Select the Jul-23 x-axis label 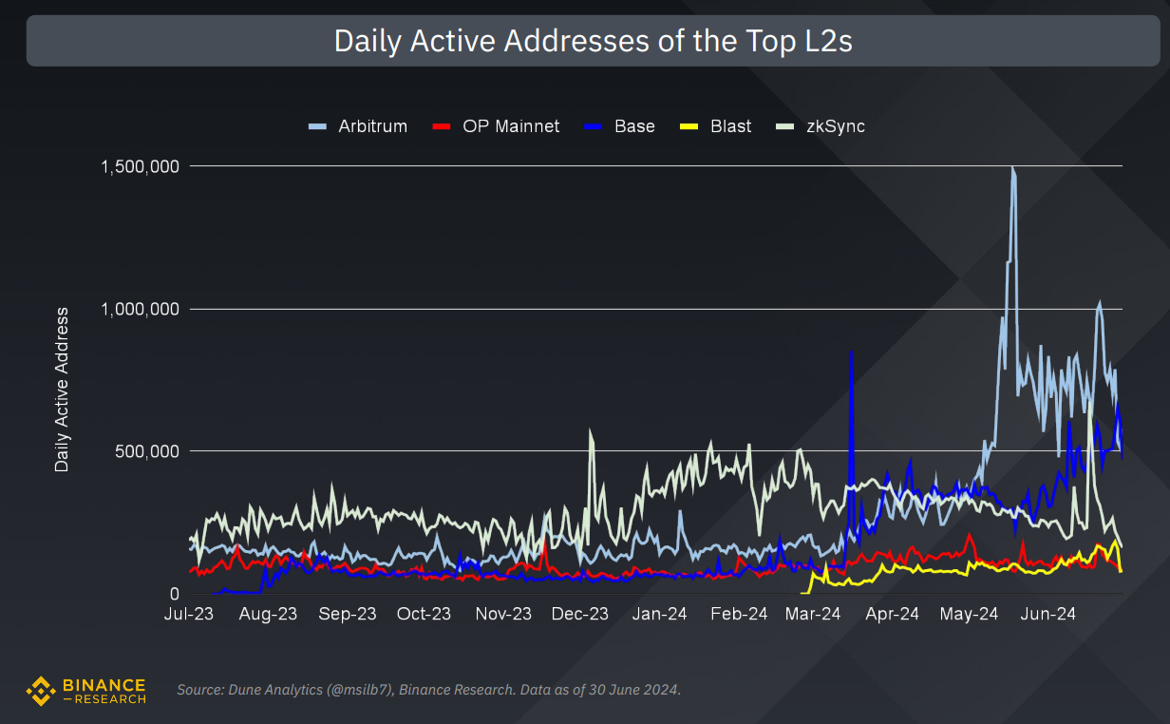click(x=190, y=615)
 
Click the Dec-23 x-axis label click(x=580, y=615)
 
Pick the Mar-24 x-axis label click(x=814, y=615)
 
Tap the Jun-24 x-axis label click(x=1047, y=615)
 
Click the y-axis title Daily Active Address click(x=63, y=390)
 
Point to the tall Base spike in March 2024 click(x=851, y=353)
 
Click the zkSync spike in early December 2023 click(x=591, y=432)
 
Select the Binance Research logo click(x=86, y=691)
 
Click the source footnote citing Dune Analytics click(x=428, y=690)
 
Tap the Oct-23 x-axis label click(x=425, y=615)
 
